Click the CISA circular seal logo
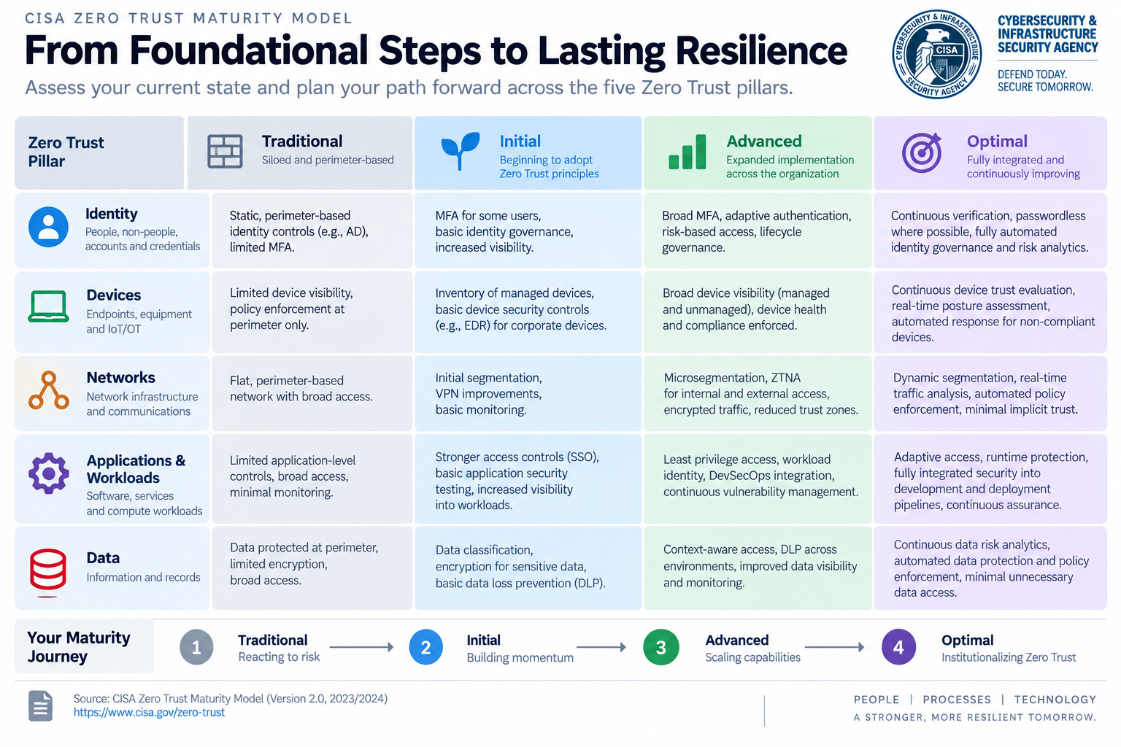pyautogui.click(x=936, y=54)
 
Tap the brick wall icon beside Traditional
pyautogui.click(x=225, y=151)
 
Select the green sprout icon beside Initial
pyautogui.click(x=460, y=150)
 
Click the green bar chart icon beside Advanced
pyautogui.click(x=687, y=152)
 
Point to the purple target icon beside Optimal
pyautogui.click(x=921, y=152)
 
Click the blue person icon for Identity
pyautogui.click(x=49, y=227)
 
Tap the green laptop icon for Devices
pyautogui.click(x=48, y=306)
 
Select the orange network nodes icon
pyautogui.click(x=49, y=390)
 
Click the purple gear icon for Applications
pyautogui.click(x=49, y=473)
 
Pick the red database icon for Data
pyautogui.click(x=47, y=570)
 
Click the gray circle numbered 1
pyautogui.click(x=196, y=647)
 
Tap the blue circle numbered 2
pyautogui.click(x=426, y=647)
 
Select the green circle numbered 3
pyautogui.click(x=661, y=647)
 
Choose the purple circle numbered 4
pyautogui.click(x=899, y=647)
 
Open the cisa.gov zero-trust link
pyautogui.click(x=149, y=712)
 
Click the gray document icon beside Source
pyautogui.click(x=41, y=706)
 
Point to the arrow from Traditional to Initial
pyautogui.click(x=361, y=647)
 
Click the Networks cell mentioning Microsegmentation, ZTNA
pyautogui.click(x=758, y=393)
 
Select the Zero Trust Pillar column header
pyautogui.click(x=99, y=152)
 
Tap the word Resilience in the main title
pyautogui.click(x=760, y=50)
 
